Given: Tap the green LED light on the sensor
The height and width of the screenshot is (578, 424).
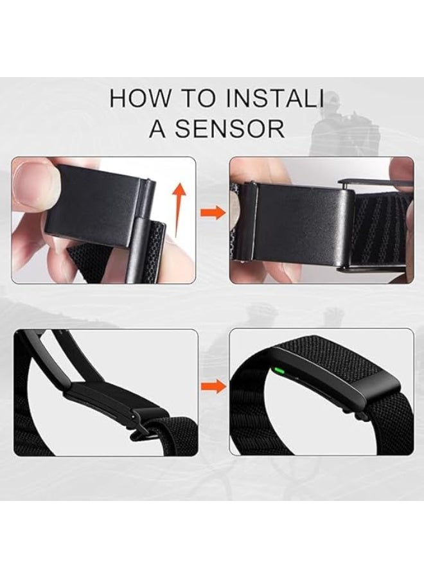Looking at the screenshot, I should (x=280, y=370).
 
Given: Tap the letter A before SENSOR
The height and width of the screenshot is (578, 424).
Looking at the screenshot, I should (x=158, y=128).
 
